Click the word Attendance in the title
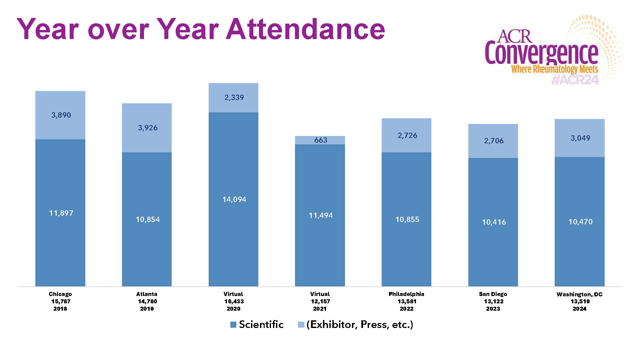point(305,29)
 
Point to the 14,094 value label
point(234,199)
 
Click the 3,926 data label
point(148,128)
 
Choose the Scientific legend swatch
point(233,325)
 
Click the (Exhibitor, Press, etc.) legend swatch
point(301,325)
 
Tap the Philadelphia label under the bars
point(406,294)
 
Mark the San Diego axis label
point(493,294)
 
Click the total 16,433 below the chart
point(234,301)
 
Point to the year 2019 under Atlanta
point(147,309)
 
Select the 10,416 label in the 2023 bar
point(494,222)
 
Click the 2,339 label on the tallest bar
point(234,97)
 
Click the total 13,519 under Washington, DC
point(580,301)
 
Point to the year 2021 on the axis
point(320,309)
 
